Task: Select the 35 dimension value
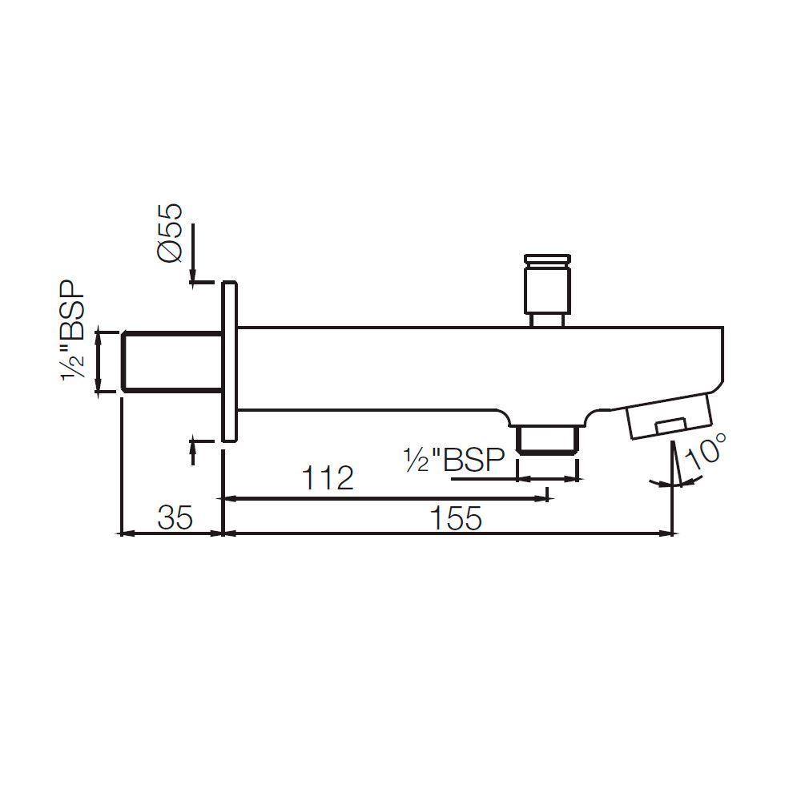pos(175,519)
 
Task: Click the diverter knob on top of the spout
pos(547,290)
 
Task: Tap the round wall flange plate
pos(229,361)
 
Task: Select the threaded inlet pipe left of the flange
pos(171,361)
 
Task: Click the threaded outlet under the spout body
pos(548,440)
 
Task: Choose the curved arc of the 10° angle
pos(677,484)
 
